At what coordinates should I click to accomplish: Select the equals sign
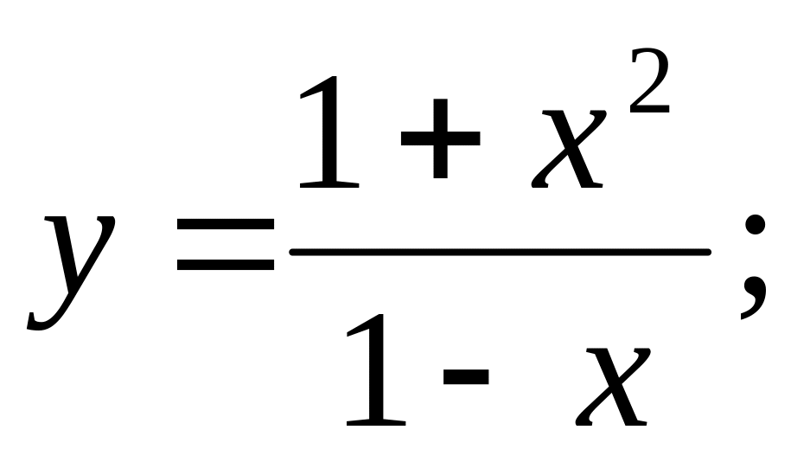pos(225,245)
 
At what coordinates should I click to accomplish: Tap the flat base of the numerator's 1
pos(329,183)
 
